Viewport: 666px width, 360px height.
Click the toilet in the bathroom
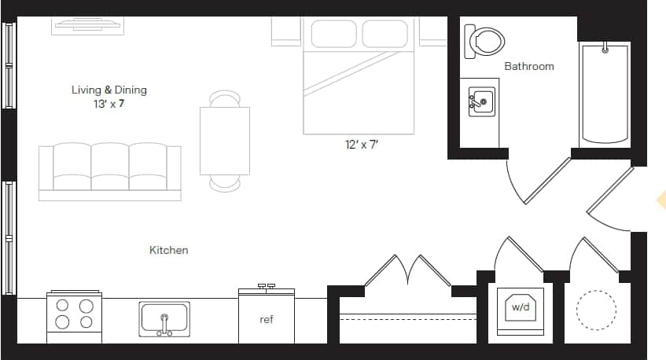pos(484,41)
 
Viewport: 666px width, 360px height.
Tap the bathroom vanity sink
pos(482,102)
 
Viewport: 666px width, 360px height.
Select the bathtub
pos(605,94)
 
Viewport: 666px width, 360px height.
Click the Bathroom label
pos(528,67)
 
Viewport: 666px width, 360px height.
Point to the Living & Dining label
pos(109,90)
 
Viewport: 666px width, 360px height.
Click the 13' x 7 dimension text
pos(109,103)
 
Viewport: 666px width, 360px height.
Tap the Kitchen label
pos(169,250)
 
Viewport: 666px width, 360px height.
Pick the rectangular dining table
pos(225,141)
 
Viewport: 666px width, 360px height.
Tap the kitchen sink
pos(164,319)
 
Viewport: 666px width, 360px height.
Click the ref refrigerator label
pos(267,320)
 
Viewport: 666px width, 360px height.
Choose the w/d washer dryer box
pos(520,307)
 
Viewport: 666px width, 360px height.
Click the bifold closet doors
pos(407,270)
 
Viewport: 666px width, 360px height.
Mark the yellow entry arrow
pos(660,202)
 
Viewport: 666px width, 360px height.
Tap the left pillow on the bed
pos(333,34)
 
